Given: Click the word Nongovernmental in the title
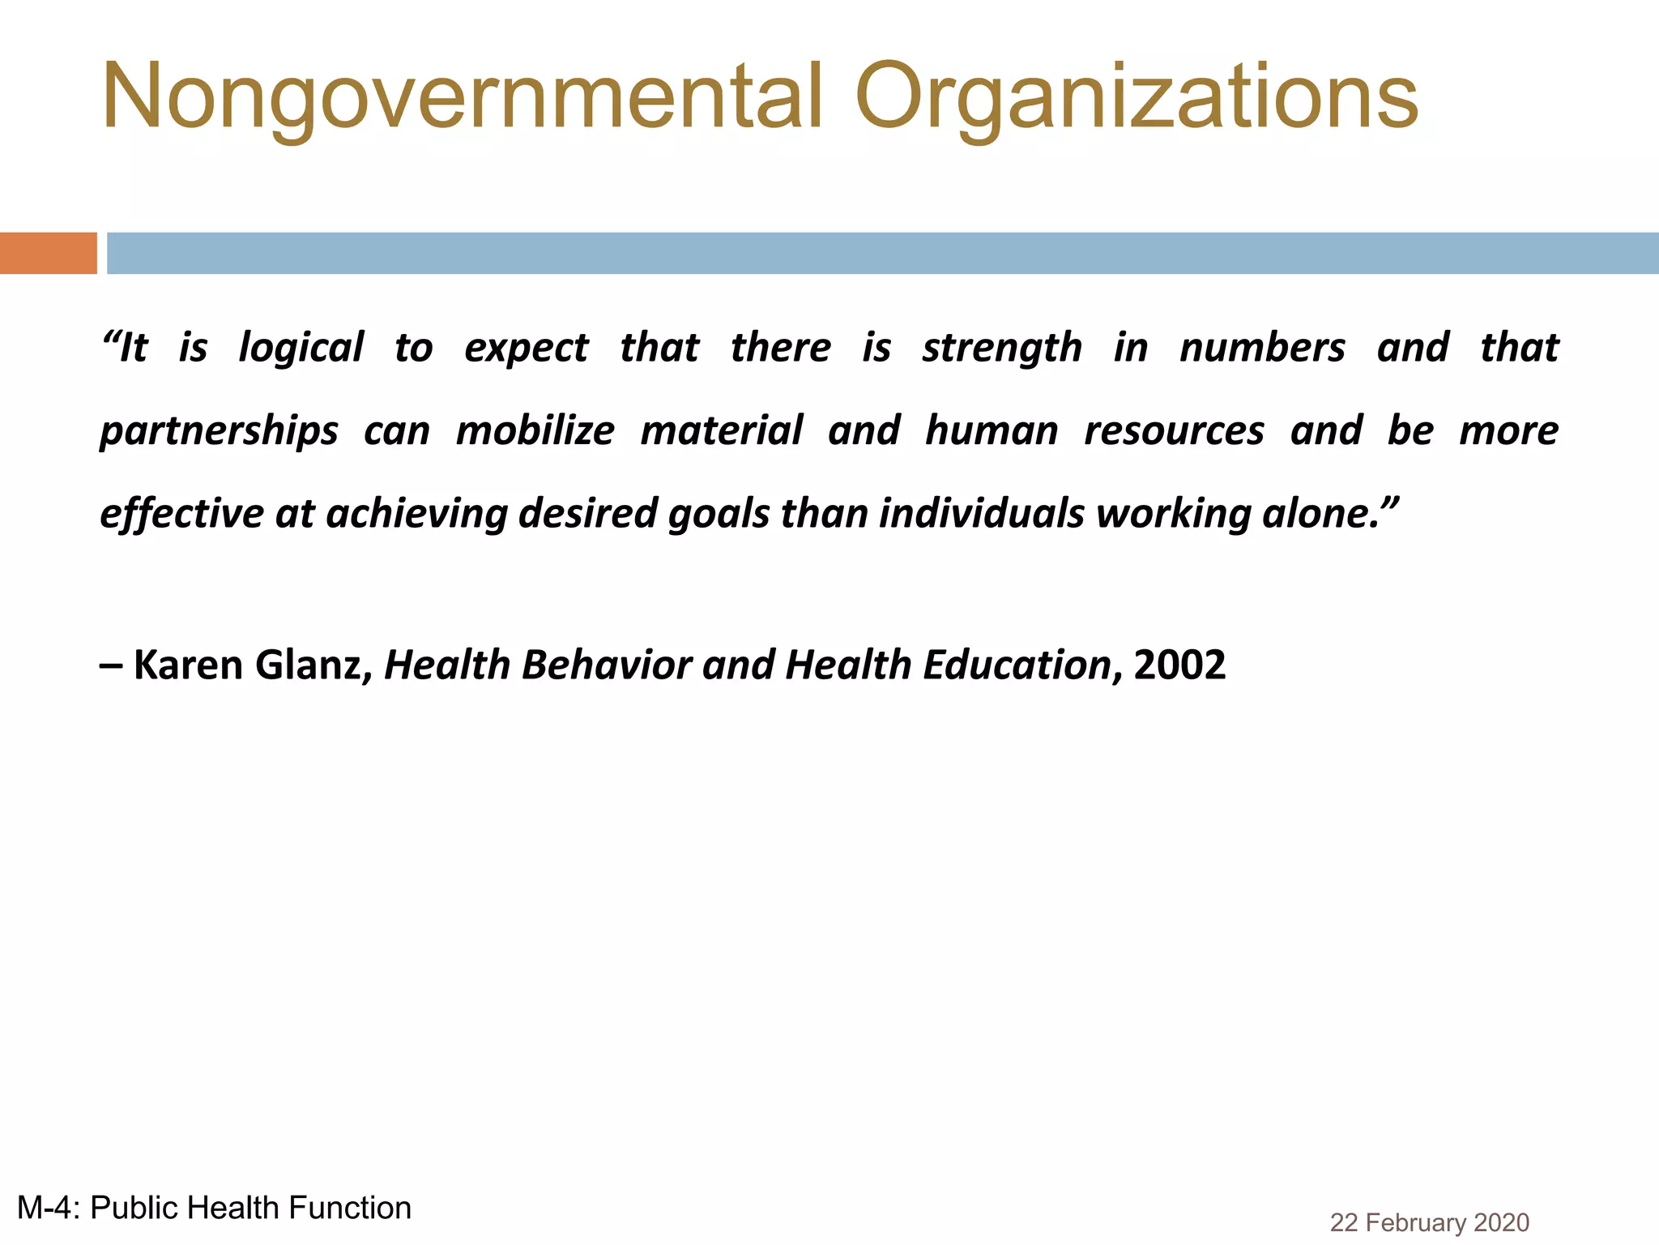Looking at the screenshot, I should coord(462,97).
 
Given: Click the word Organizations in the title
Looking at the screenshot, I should coord(1136,97).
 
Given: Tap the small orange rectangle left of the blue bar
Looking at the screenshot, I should coord(48,253).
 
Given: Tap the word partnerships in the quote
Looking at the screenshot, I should coord(219,431).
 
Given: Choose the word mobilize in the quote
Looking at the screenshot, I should coord(535,430).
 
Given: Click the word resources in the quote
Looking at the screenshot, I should coord(1174,430).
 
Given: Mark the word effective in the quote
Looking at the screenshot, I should coord(181,514).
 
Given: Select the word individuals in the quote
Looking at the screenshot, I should coord(981,514).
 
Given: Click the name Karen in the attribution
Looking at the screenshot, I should coord(188,665).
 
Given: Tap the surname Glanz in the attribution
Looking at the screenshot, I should coord(309,665).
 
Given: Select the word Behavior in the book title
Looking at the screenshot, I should coord(606,665).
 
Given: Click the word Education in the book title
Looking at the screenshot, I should coord(1017,665).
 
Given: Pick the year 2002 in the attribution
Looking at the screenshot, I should coord(1179,665).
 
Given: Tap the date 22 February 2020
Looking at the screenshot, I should coord(1429,1222).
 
